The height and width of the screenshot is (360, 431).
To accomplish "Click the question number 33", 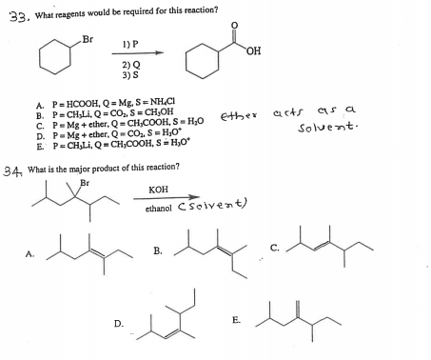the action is [13, 10].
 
